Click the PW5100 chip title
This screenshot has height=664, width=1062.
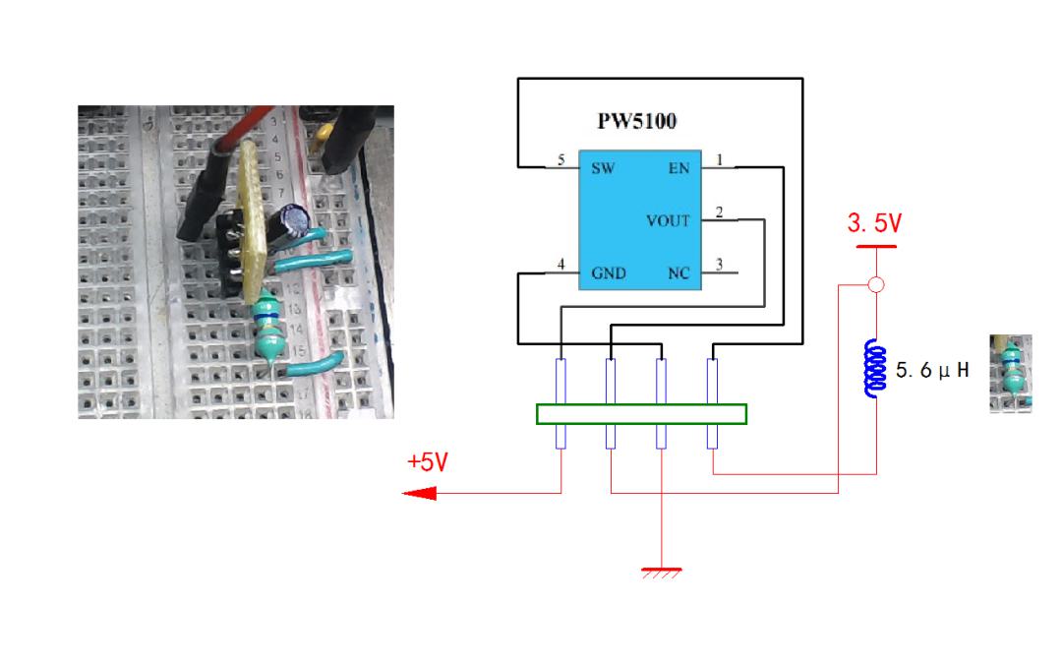click(636, 121)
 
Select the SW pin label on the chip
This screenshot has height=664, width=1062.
click(603, 169)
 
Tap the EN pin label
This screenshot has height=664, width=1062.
click(678, 169)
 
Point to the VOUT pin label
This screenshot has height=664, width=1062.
click(668, 221)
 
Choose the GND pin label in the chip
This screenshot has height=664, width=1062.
click(609, 273)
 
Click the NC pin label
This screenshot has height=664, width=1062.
click(678, 273)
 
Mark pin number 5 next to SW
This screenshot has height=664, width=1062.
click(560, 160)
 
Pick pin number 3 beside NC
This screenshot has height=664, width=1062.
click(719, 265)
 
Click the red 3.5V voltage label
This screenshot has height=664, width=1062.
click(874, 223)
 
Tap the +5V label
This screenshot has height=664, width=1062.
click(428, 462)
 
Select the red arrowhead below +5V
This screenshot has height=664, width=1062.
click(420, 493)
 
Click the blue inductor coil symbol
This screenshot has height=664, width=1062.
click(876, 369)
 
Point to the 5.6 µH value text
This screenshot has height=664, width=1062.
click(932, 370)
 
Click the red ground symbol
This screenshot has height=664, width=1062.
click(662, 573)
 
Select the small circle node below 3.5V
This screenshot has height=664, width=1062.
click(876, 284)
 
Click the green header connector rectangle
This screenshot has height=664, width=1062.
click(641, 414)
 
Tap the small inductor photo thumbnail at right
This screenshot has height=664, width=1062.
click(1011, 374)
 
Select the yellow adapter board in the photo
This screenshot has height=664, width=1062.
click(251, 220)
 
